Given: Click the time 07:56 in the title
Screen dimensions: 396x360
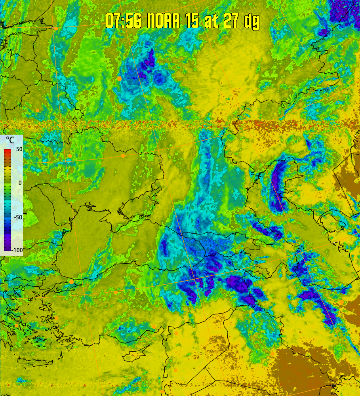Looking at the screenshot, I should (x=123, y=21).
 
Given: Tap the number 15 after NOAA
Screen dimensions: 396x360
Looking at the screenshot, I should (x=193, y=21).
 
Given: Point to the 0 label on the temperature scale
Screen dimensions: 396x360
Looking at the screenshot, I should (x=20, y=183).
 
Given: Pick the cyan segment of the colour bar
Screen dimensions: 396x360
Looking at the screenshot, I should (x=8, y=206).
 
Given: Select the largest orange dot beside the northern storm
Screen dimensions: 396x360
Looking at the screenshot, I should (x=119, y=78).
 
